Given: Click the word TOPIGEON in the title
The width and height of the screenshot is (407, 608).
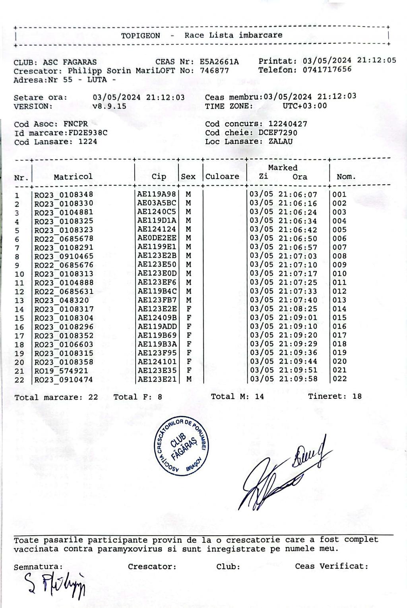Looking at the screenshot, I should pyautogui.click(x=141, y=35).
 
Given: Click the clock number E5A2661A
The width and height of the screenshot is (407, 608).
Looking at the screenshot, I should pyautogui.click(x=219, y=62).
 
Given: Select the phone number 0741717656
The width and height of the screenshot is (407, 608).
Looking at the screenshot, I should pyautogui.click(x=327, y=70).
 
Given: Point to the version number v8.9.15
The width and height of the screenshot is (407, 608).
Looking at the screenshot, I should pyautogui.click(x=109, y=106).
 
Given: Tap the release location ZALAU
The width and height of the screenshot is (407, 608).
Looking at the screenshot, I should pyautogui.click(x=281, y=142).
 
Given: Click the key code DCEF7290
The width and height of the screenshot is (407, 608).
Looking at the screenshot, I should pyautogui.click(x=278, y=133).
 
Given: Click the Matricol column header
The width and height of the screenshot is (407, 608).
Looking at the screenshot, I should pyautogui.click(x=73, y=177).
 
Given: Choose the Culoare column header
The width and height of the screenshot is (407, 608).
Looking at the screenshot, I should pyautogui.click(x=222, y=177).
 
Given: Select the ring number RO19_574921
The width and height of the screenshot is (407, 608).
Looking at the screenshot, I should pyautogui.click(x=61, y=371).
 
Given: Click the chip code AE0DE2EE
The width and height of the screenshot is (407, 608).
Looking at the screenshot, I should pyautogui.click(x=157, y=238).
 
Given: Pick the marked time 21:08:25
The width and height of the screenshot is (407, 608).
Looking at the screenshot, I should pyautogui.click(x=298, y=309).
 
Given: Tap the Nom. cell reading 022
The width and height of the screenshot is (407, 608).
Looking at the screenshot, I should pyautogui.click(x=339, y=379).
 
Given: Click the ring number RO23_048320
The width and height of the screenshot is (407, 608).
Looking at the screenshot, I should pyautogui.click(x=62, y=300).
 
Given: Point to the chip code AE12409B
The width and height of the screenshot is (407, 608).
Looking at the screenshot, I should pyautogui.click(x=157, y=318).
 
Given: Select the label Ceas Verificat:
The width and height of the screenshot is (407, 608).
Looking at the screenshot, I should pyautogui.click(x=331, y=566).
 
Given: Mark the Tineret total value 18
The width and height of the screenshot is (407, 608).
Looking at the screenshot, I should pyautogui.click(x=357, y=396).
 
